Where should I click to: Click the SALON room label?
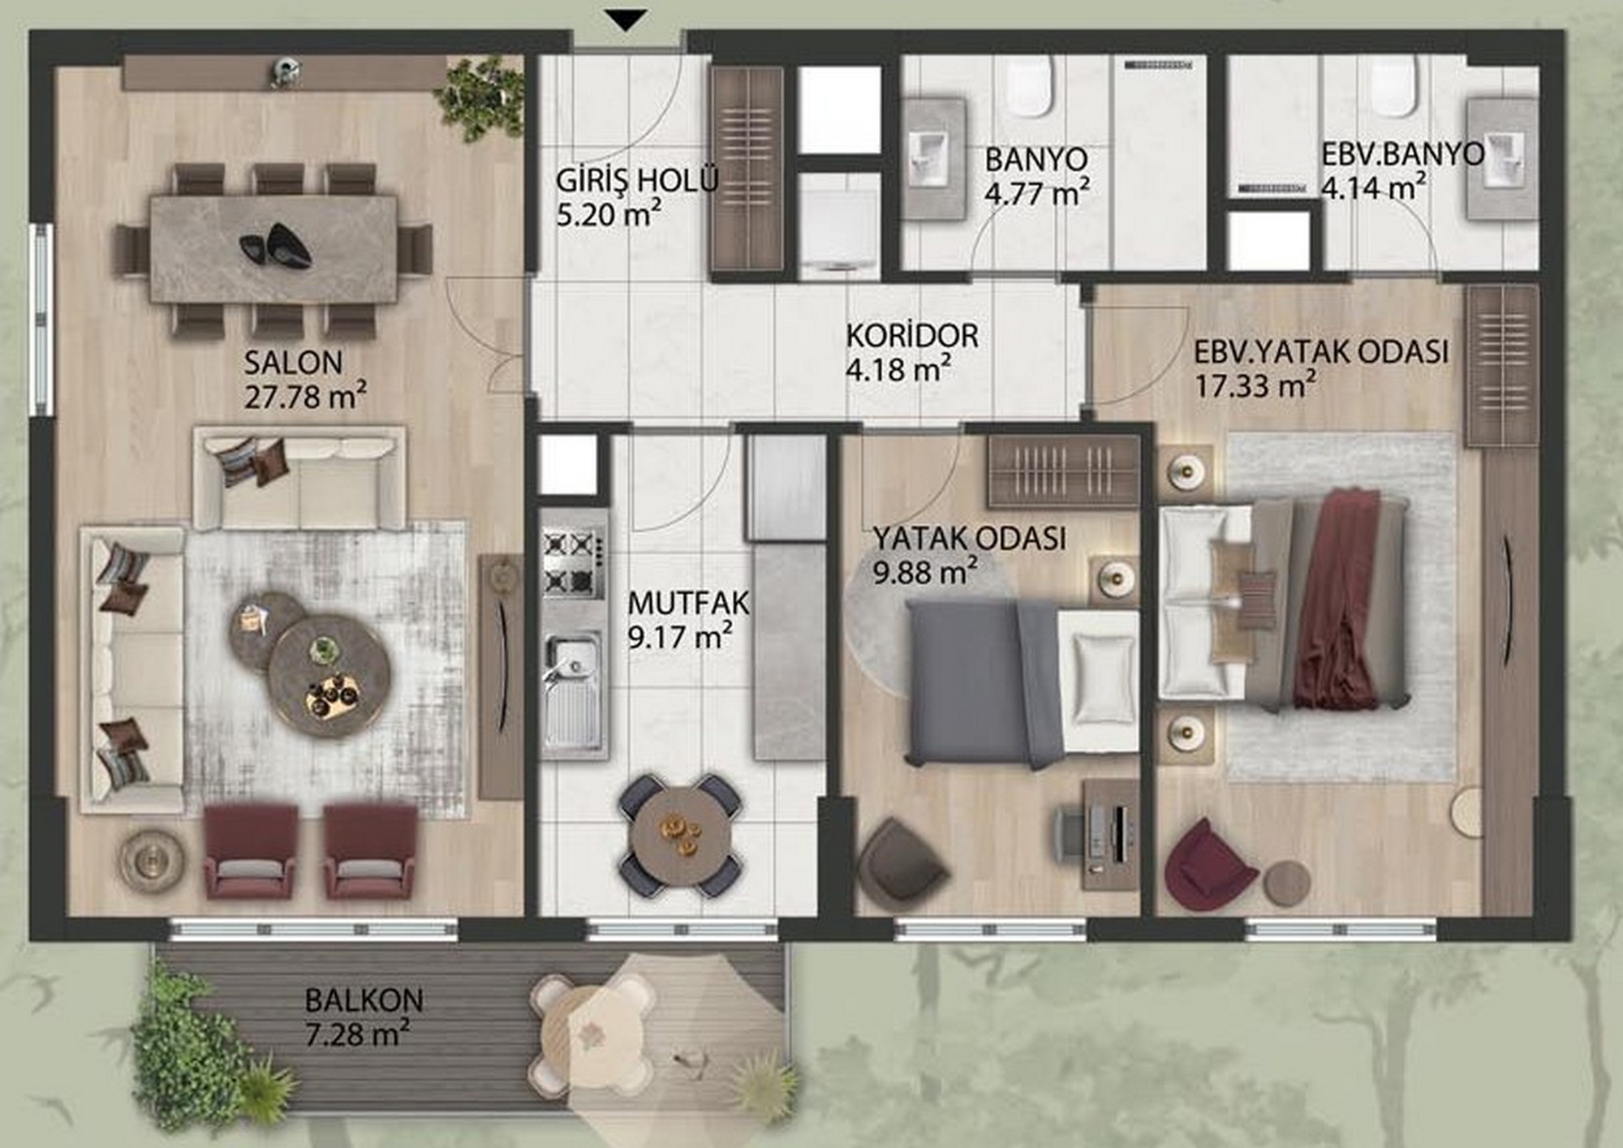pos(293,362)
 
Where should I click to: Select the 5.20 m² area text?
pos(609,214)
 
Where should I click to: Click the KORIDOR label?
pos(912,335)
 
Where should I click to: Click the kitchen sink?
pos(573,691)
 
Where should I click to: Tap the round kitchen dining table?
pos(679,836)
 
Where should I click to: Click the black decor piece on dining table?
pos(276,244)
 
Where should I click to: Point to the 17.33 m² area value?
pos(1255,385)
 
